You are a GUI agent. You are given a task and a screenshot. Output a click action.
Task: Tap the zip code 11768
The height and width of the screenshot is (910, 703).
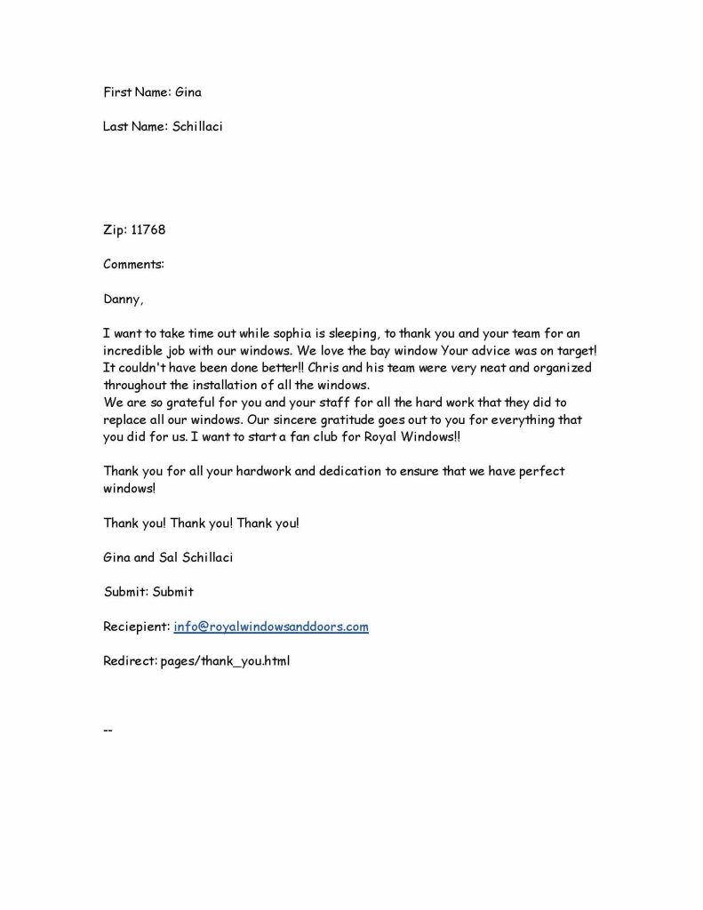pos(148,229)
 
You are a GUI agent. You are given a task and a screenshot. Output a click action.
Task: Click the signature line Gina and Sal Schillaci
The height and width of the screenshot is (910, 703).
pos(168,557)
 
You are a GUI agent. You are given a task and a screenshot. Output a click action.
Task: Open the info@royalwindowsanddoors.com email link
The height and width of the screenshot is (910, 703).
pos(271,627)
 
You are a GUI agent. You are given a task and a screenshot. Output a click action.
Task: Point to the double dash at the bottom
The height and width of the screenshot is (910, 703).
pos(108,730)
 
